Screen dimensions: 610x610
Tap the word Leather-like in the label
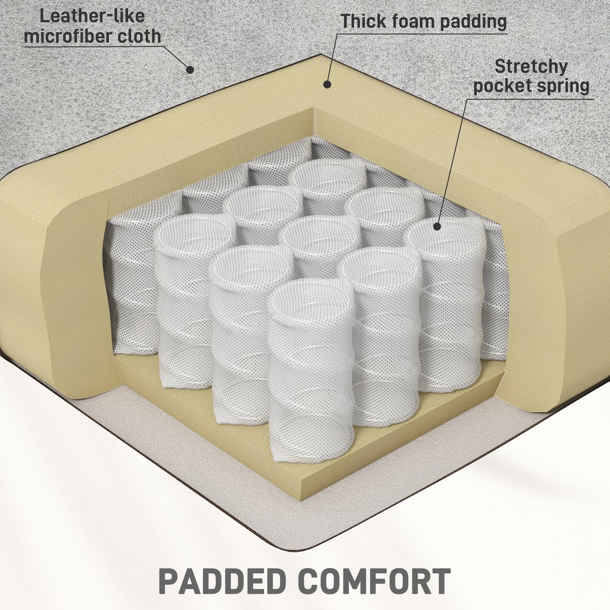pos(92,16)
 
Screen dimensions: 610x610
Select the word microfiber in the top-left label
pos(68,36)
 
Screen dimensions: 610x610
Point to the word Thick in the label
pos(364,21)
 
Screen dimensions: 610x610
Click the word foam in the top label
pos(412,21)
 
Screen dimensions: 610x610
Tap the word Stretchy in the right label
pos(531,66)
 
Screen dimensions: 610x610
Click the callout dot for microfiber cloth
pos(190,70)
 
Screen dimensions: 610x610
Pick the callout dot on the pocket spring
pos(436,227)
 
